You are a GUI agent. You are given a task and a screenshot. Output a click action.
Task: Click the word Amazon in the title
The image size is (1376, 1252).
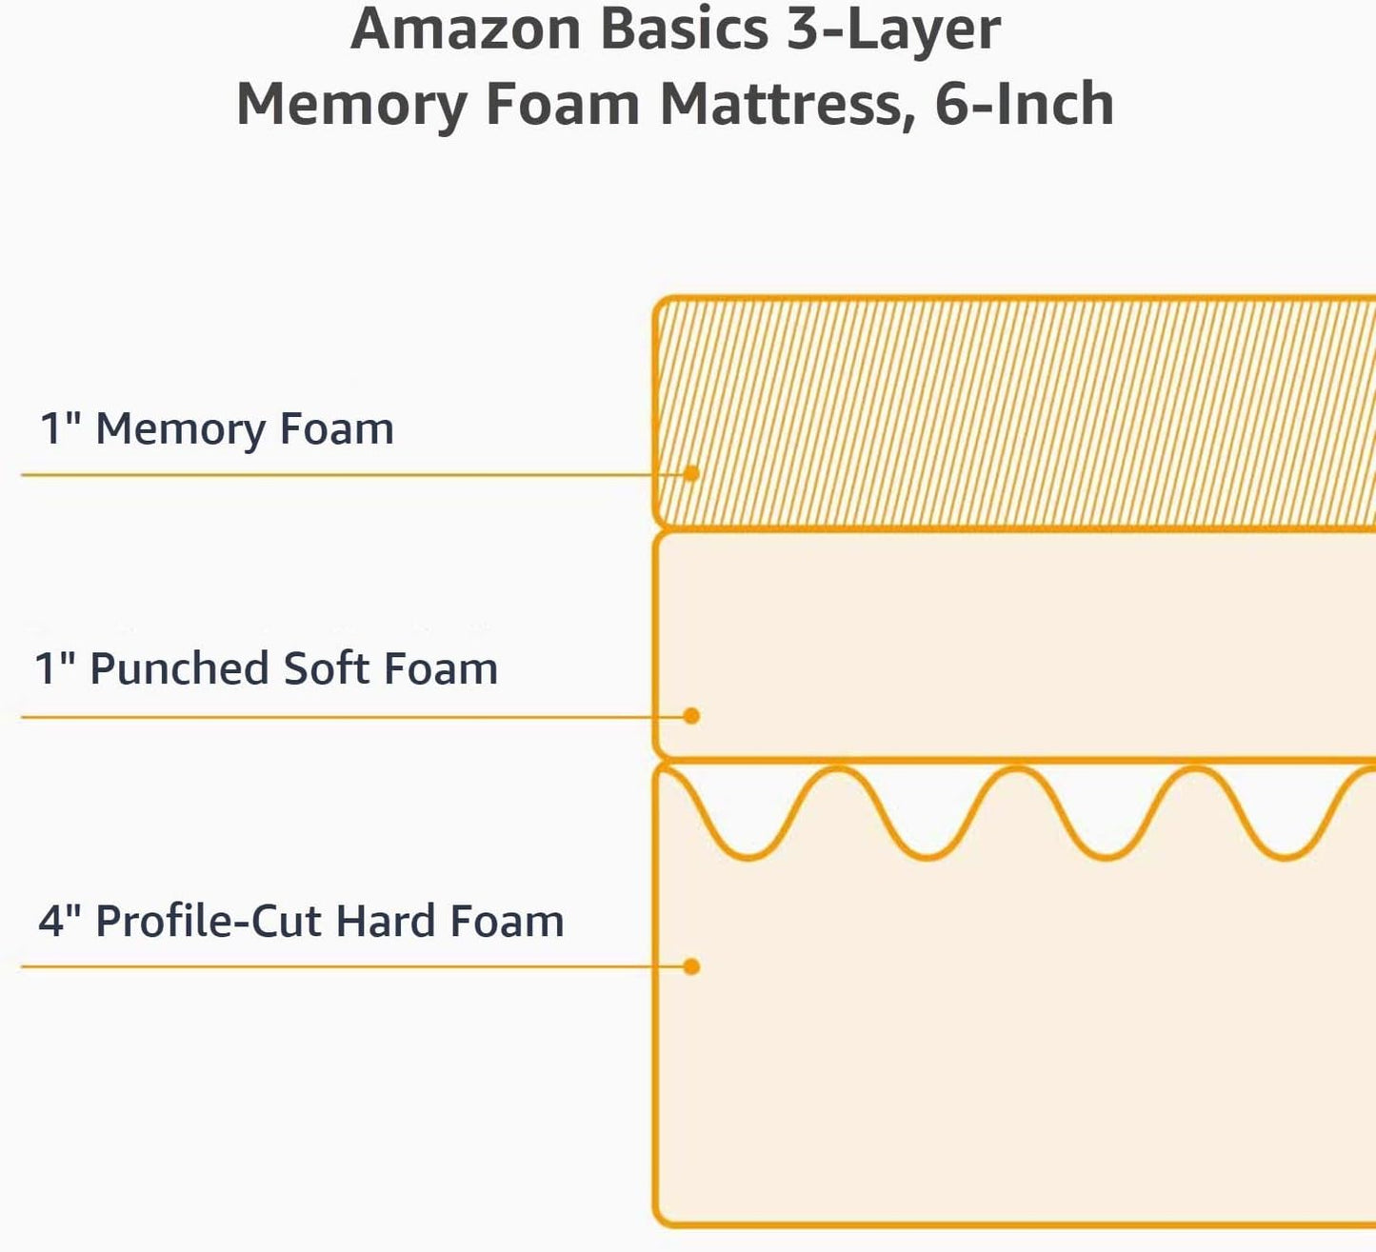click(466, 29)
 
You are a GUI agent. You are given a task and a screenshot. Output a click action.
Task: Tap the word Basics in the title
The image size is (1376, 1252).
click(684, 29)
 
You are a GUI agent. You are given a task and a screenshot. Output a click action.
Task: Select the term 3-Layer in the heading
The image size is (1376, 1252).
click(893, 30)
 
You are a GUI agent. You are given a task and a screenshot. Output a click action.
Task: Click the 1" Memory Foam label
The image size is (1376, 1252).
click(216, 429)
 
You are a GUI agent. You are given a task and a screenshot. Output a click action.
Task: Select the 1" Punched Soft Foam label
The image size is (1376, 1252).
click(266, 668)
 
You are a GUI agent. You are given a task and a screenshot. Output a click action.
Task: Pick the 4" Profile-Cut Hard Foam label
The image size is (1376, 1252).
click(301, 922)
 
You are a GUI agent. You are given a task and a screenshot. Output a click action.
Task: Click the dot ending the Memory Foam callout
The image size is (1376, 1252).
click(691, 473)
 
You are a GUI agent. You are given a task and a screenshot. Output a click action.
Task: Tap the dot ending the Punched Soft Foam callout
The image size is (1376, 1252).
click(691, 716)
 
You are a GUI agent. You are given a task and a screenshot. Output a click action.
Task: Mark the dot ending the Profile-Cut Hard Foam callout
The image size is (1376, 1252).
click(691, 966)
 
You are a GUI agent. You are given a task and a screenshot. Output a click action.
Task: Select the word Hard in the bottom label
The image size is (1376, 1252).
click(386, 922)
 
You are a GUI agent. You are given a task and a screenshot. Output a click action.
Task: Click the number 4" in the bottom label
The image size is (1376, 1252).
click(59, 922)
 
